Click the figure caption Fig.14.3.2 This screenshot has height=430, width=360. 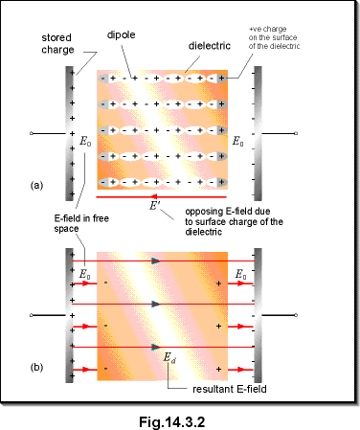[x=172, y=422]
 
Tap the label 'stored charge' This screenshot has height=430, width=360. [x=57, y=44]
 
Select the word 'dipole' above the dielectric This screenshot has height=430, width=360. [x=121, y=35]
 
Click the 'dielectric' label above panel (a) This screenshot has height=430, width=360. [x=210, y=46]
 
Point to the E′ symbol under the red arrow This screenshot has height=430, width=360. [x=154, y=206]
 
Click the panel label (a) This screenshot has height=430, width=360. [x=36, y=185]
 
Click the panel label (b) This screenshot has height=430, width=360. [x=36, y=368]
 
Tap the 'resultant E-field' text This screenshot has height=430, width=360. [x=230, y=389]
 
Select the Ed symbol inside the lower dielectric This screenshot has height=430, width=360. [x=169, y=358]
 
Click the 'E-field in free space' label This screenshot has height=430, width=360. [x=81, y=223]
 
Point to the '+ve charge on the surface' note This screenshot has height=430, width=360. [x=274, y=37]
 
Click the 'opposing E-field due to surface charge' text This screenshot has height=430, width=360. [x=234, y=221]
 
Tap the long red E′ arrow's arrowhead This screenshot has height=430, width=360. [x=153, y=196]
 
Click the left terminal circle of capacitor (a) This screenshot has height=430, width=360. [x=32, y=133]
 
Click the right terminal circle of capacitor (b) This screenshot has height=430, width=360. [x=296, y=315]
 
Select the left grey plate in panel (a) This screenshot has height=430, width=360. [x=69, y=133]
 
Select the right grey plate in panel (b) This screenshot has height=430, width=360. [x=258, y=315]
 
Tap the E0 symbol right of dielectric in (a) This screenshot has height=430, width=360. [x=237, y=141]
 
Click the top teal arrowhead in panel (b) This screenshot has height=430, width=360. [x=155, y=261]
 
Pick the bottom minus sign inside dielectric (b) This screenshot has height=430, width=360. [x=105, y=369]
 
